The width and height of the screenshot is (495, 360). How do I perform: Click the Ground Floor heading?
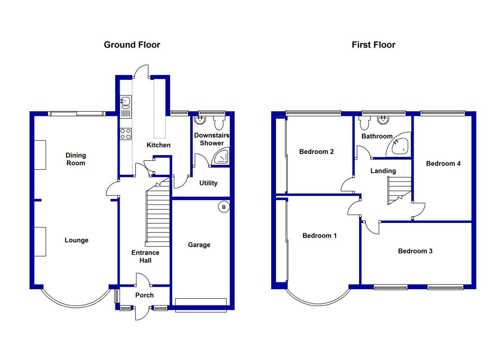[132, 45]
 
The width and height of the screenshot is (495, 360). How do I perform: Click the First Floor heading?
[374, 45]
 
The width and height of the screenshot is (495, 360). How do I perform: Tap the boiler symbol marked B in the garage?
[224, 207]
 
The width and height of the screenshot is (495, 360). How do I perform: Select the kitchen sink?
[125, 107]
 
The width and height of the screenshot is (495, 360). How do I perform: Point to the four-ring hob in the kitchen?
[126, 134]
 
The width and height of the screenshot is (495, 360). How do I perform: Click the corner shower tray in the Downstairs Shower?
[220, 157]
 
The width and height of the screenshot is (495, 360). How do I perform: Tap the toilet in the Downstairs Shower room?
[219, 123]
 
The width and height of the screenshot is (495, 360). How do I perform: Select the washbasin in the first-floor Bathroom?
[383, 120]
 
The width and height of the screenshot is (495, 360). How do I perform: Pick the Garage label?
[199, 245]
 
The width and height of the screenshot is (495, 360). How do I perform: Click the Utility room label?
[208, 183]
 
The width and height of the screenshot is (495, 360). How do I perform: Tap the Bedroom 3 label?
[415, 251]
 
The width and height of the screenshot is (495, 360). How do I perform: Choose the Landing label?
[383, 171]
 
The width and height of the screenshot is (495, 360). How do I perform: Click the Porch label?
[144, 295]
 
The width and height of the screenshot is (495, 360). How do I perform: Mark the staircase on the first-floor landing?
[399, 190]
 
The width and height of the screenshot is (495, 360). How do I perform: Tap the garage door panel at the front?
[201, 306]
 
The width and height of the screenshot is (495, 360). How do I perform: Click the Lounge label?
[77, 240]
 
